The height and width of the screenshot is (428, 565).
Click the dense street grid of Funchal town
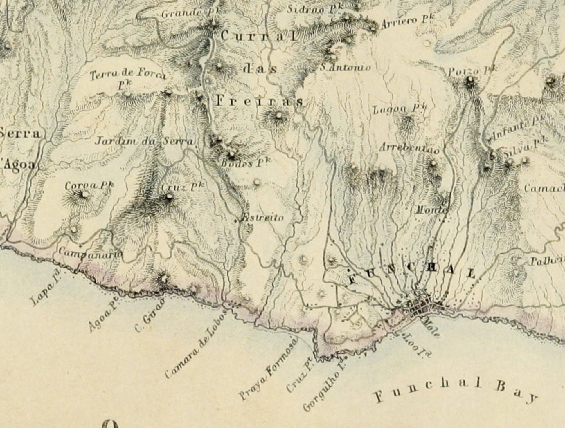click(x=421, y=307)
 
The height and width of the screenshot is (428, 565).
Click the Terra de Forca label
click(x=128, y=75)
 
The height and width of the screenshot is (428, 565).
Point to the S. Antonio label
click(x=345, y=68)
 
